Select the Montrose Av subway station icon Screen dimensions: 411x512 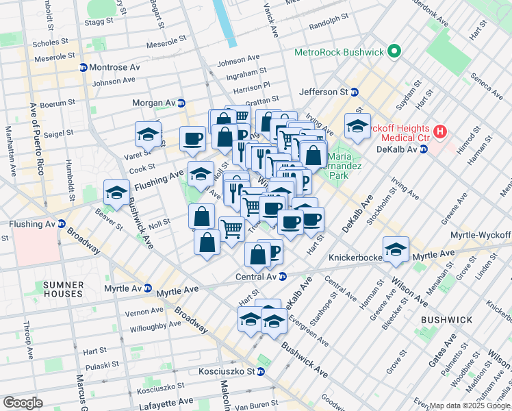click(83, 68)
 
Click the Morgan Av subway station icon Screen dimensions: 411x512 click(181, 103)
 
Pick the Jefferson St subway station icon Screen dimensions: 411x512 click(355, 92)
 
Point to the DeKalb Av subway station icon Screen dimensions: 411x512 click(423, 149)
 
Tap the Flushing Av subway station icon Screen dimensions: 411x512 click(62, 224)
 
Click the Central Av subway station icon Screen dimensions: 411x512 click(282, 277)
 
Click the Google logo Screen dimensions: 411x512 click(23, 402)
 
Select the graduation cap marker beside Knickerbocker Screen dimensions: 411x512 click(395, 250)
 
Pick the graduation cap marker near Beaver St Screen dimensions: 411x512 click(116, 192)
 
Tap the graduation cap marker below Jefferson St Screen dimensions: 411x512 click(357, 126)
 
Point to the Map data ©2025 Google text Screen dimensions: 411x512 click(470, 406)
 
